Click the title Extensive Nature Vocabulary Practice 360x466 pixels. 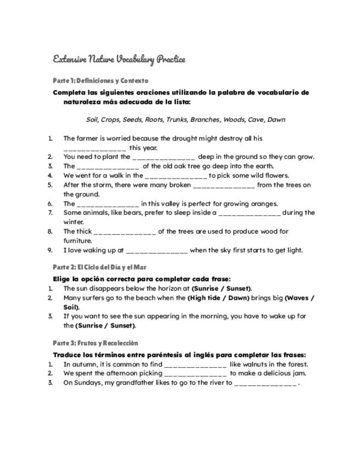[119, 59]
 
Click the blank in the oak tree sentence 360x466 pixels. [108, 166]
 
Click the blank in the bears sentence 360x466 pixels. [250, 213]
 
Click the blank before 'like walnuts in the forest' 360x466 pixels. [195, 364]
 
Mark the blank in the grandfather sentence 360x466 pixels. [265, 383]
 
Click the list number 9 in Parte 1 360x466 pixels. [50, 250]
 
